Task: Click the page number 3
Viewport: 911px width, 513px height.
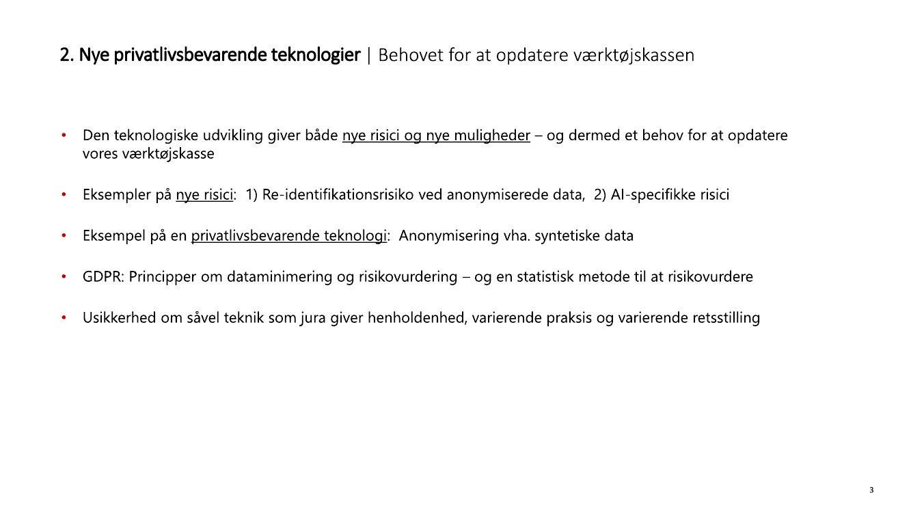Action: click(x=871, y=490)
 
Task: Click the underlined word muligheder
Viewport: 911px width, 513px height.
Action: click(x=492, y=135)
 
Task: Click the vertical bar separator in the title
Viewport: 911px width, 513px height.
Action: click(x=369, y=55)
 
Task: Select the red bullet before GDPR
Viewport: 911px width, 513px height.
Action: click(x=64, y=277)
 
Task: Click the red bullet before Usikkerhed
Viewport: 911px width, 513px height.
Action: click(x=64, y=318)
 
